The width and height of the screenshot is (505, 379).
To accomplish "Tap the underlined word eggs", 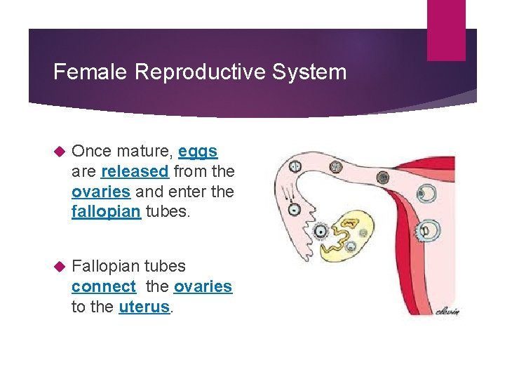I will click(198, 151).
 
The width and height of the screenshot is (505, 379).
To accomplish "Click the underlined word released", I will click(135, 171).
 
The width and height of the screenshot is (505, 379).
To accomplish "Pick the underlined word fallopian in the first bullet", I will click(106, 212).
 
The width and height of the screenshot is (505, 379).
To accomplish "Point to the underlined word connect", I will click(104, 286).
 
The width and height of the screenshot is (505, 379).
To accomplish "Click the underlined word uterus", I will click(144, 307).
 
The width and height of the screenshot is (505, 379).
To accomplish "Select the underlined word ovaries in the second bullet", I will click(203, 286).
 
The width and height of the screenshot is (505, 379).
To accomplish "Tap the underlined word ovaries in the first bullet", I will click(100, 192).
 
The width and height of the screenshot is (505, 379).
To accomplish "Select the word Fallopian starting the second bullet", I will click(107, 266).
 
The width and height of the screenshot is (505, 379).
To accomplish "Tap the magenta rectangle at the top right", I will click(446, 30).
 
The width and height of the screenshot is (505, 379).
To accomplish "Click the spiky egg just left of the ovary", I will click(321, 232).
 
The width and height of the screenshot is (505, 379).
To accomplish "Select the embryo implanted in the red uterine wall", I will click(426, 230).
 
